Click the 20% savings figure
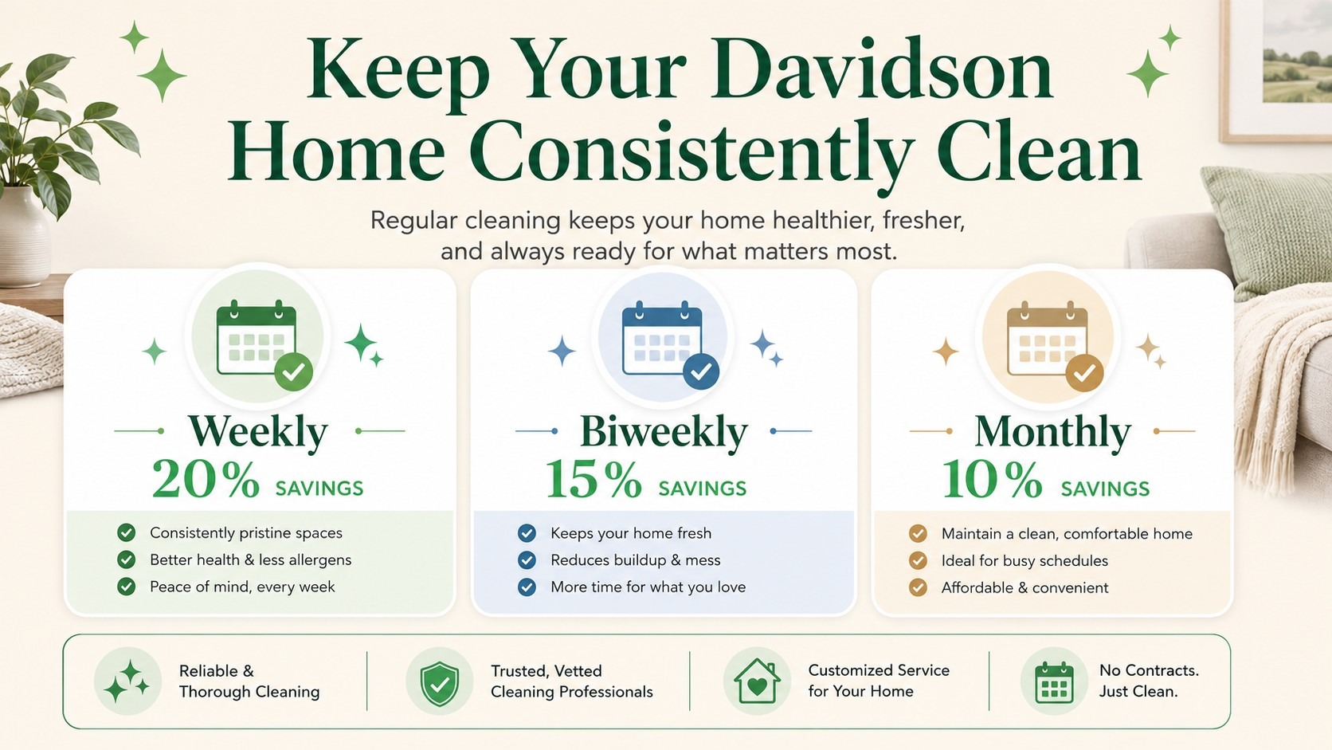[x=206, y=479]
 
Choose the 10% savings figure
[x=992, y=479]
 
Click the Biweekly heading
[x=664, y=432]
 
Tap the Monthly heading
[x=1052, y=432]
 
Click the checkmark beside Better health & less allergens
[x=126, y=560]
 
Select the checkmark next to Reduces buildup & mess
[x=527, y=560]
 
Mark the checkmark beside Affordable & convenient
[x=918, y=587]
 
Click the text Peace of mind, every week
[x=242, y=587]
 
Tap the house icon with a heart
[x=757, y=681]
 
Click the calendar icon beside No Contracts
[x=1054, y=683]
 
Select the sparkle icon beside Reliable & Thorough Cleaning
[x=127, y=681]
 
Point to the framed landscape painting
[x=1276, y=69]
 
